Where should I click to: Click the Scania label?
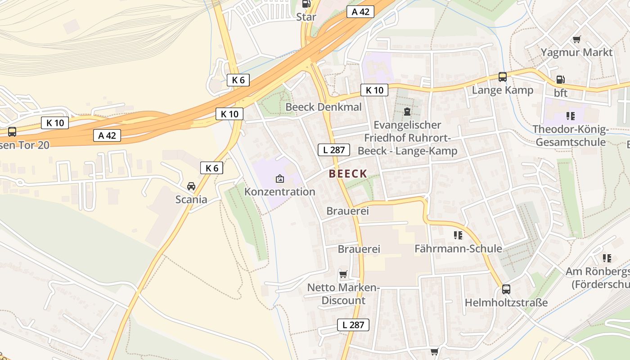pyautogui.click(x=191, y=199)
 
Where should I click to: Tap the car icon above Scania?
pyautogui.click(x=191, y=186)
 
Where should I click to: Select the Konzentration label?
pyautogui.click(x=279, y=192)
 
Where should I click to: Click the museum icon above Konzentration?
pyautogui.click(x=279, y=179)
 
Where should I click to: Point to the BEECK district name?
pyautogui.click(x=348, y=174)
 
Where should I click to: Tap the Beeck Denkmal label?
pyautogui.click(x=324, y=107)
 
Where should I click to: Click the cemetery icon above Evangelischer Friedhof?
pyautogui.click(x=407, y=112)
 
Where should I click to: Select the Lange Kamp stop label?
pyautogui.click(x=502, y=90)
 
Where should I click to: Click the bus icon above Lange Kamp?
pyautogui.click(x=502, y=77)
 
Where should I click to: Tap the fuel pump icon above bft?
pyautogui.click(x=560, y=80)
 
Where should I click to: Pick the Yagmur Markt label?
pyautogui.click(x=576, y=52)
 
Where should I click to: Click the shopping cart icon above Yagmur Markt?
pyautogui.click(x=576, y=39)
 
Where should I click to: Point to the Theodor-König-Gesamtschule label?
pyautogui.click(x=570, y=136)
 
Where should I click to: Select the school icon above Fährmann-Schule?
pyautogui.click(x=458, y=235)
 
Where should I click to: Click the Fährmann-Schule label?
pyautogui.click(x=458, y=248)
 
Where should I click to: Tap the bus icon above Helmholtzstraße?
pyautogui.click(x=506, y=289)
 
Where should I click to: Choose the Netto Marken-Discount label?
pyautogui.click(x=343, y=294)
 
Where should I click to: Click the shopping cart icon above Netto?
pyautogui.click(x=343, y=274)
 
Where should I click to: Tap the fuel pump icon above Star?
pyautogui.click(x=306, y=4)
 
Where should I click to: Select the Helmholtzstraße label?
pyautogui.click(x=506, y=302)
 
